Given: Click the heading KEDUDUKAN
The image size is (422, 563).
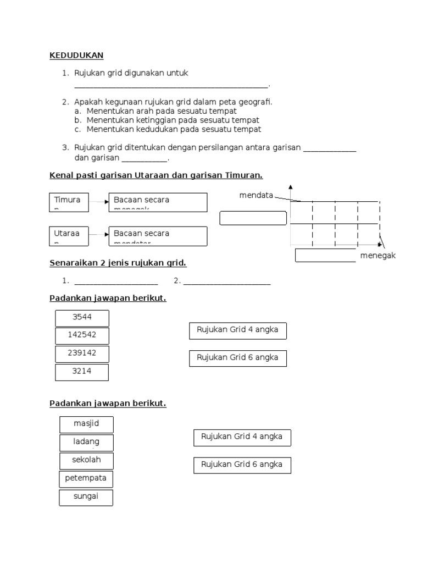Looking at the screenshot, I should point(76,56).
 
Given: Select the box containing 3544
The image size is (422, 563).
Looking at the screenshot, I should point(82,318).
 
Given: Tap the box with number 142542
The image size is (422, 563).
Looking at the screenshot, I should point(82,335).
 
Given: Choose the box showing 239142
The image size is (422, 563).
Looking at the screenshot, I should point(82,354).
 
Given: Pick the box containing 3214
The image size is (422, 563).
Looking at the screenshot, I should point(82,372).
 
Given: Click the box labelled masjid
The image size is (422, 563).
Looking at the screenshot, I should point(86,424).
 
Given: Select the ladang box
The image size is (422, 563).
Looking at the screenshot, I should point(86,443).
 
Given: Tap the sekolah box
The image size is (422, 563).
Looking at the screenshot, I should point(86,461).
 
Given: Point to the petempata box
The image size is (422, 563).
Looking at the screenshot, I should point(86,479).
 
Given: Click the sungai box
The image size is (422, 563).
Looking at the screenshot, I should point(86,498).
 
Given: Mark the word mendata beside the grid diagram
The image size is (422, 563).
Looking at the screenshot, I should point(256,195).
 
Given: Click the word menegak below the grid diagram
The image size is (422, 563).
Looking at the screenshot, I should point(378,256).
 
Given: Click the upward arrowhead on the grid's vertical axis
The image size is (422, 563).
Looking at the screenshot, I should point(290,187).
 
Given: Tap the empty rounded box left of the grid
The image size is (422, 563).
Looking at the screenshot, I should point(253,218).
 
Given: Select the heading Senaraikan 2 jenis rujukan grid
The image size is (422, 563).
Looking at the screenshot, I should point(118,263).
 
